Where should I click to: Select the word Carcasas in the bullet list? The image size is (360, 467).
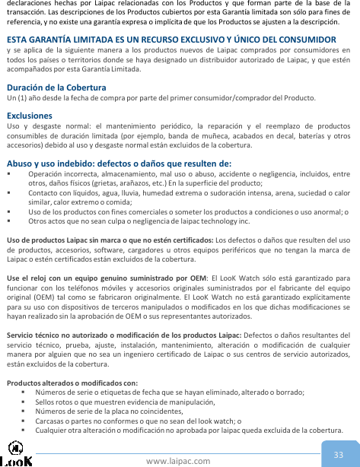pyautogui.click(x=51, y=420)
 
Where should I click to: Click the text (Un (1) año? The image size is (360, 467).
pyautogui.click(x=23, y=99)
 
